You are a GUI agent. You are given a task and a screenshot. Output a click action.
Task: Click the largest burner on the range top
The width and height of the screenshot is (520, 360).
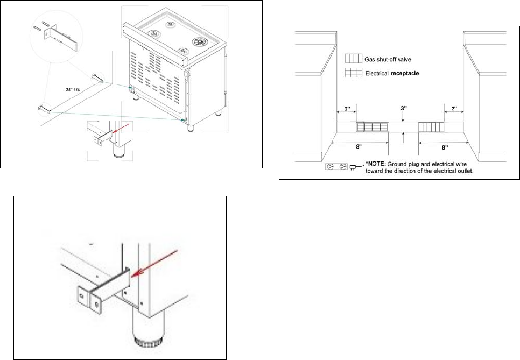[x=200, y=41]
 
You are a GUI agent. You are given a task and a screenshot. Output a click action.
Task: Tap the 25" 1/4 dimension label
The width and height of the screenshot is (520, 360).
[x=73, y=90]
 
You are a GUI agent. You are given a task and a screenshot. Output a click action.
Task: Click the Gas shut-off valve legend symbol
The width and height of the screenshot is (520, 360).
[x=354, y=58]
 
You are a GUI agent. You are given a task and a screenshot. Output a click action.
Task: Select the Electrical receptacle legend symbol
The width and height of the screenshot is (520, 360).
[x=354, y=73]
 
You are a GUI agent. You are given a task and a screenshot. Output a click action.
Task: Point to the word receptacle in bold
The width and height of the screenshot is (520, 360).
[x=405, y=74]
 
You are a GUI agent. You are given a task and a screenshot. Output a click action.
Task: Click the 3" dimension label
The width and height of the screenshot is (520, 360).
[x=404, y=108]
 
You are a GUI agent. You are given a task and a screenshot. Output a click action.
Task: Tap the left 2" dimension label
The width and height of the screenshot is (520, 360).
[x=347, y=109]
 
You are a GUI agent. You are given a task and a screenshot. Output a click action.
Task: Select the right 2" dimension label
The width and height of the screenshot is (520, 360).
[x=454, y=108]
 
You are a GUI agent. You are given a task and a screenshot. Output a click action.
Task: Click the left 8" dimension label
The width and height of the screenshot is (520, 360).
[x=359, y=147]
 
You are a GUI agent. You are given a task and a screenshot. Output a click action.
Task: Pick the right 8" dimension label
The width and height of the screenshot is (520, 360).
[x=445, y=147]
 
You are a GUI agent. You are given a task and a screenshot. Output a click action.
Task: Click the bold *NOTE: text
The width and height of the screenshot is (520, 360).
[x=376, y=164]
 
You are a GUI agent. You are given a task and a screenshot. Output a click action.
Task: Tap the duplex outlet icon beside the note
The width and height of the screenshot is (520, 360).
[x=336, y=166]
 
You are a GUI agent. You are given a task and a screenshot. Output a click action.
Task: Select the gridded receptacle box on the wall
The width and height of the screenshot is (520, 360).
[x=372, y=127]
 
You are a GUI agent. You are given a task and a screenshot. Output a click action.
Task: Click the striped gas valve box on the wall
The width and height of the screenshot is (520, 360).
[x=431, y=128]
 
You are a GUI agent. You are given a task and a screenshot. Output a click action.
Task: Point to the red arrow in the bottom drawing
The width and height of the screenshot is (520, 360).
[x=154, y=264]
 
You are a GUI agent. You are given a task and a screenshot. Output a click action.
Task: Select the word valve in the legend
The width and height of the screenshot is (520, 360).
[x=405, y=59]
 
